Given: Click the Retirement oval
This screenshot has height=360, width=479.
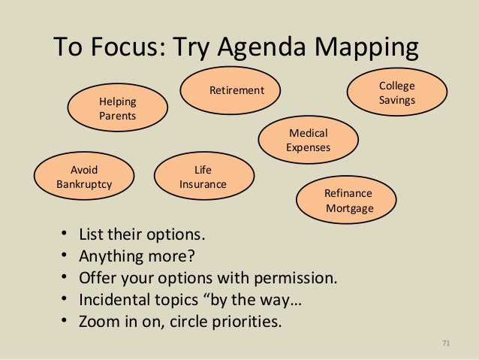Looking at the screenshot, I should click(x=236, y=91).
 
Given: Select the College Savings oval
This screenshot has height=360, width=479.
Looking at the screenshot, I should click(x=396, y=93).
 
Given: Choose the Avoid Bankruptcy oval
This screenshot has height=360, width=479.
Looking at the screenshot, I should click(x=84, y=176).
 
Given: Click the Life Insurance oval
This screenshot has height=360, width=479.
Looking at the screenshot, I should click(x=203, y=176).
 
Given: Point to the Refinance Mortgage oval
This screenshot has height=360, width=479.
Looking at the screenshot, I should click(x=348, y=201).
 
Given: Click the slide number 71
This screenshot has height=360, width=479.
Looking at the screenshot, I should click(x=445, y=343).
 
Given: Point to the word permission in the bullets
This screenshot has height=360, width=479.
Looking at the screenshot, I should click(x=294, y=278).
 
